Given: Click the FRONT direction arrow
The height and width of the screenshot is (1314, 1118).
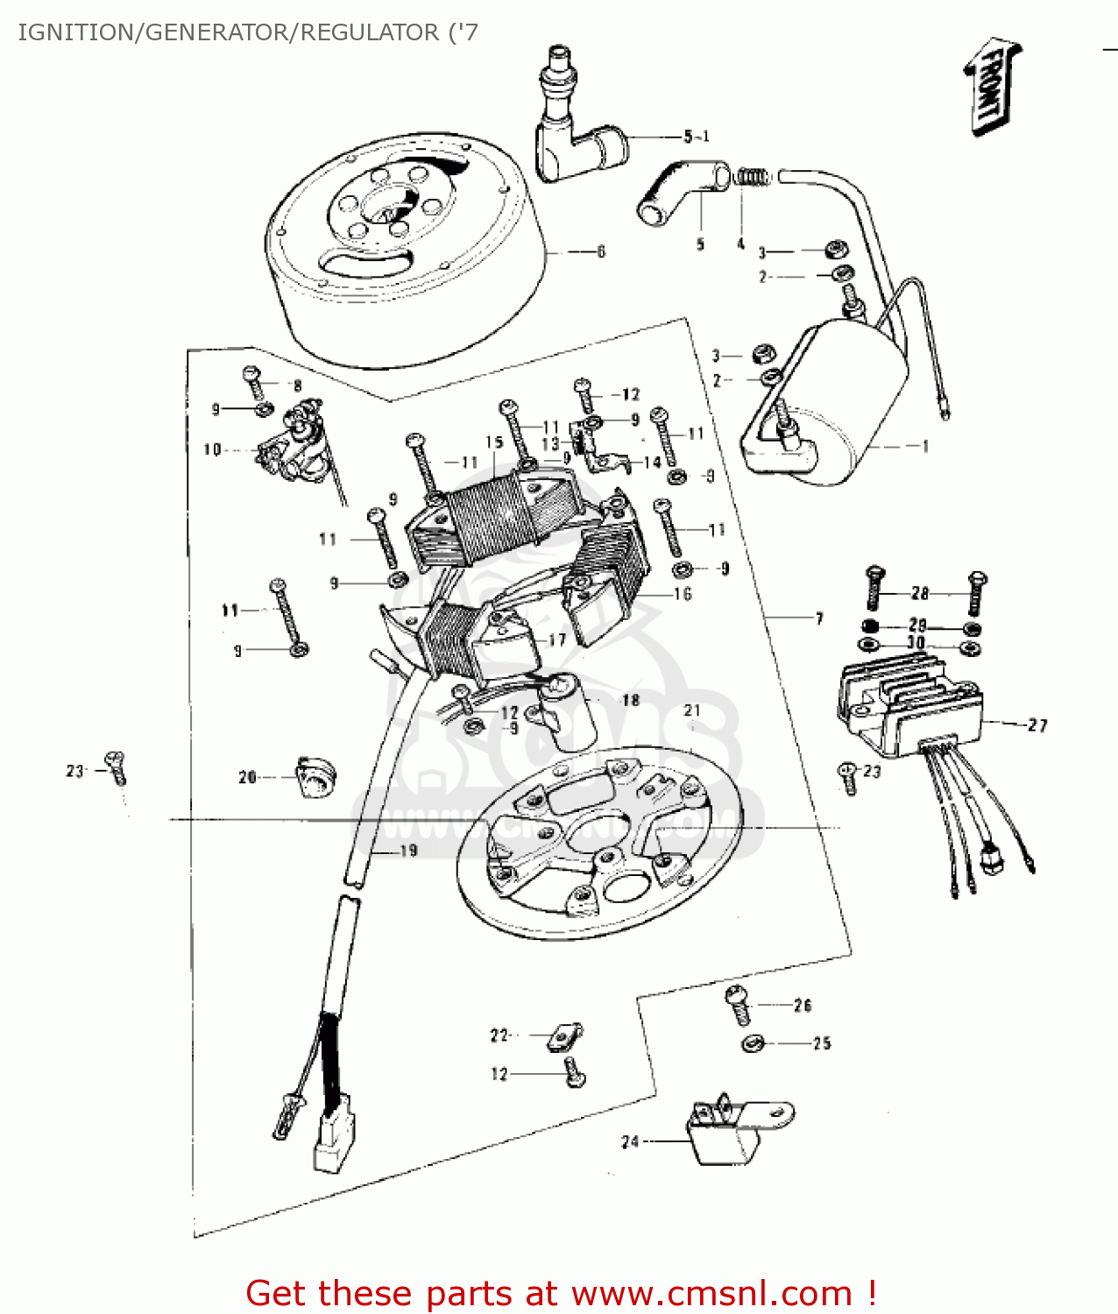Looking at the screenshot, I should pyautogui.click(x=992, y=86).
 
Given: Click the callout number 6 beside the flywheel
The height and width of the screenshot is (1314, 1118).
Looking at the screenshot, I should pyautogui.click(x=601, y=252).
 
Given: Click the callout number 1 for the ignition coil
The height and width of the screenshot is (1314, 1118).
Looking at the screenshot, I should pyautogui.click(x=924, y=446).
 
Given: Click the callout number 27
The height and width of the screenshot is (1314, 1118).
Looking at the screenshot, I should pyautogui.click(x=1037, y=725).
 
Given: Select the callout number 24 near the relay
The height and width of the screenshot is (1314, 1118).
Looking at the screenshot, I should pyautogui.click(x=630, y=1142).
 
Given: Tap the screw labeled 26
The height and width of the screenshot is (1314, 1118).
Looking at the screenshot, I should pyautogui.click(x=739, y=1005).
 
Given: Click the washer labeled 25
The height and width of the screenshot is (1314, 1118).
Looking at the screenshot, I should pyautogui.click(x=753, y=1043).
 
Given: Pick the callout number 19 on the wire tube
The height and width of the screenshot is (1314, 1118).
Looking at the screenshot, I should pyautogui.click(x=408, y=851).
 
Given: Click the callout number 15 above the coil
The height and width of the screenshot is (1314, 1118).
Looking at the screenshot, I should pyautogui.click(x=494, y=442).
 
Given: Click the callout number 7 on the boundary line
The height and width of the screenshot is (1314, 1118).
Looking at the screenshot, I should pyautogui.click(x=819, y=618).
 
